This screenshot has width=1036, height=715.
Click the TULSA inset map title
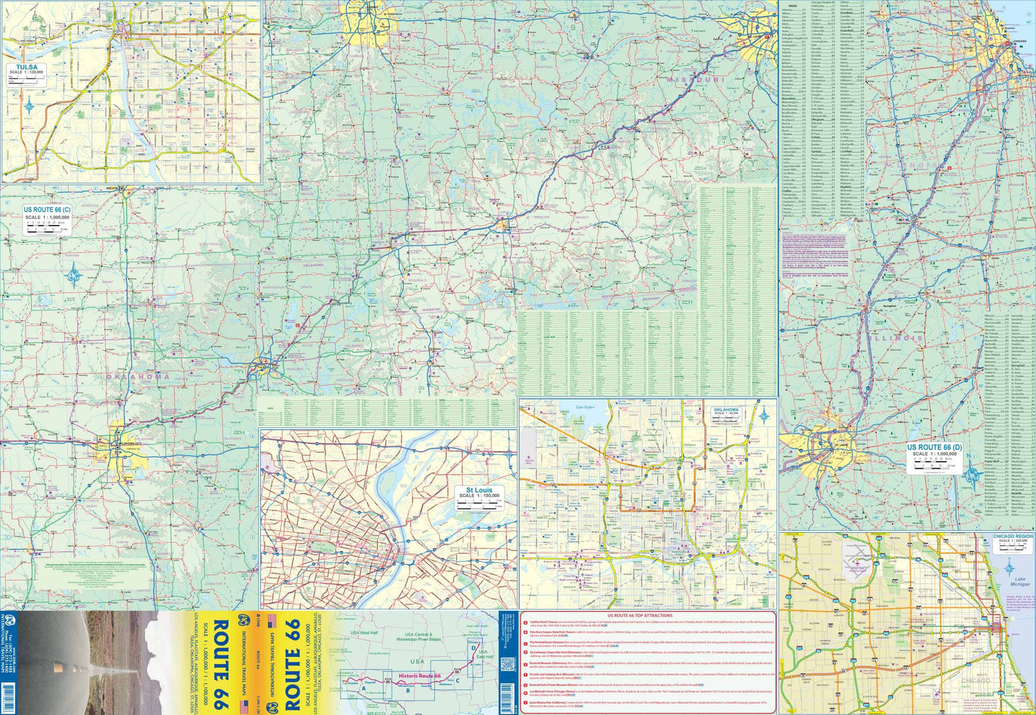pos(26,67)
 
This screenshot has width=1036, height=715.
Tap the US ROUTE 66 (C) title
pos(47,210)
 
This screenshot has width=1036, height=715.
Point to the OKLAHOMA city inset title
pos(726,410)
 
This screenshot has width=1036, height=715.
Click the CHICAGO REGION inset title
pos(1013,536)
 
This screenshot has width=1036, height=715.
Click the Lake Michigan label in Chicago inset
pos(1019,581)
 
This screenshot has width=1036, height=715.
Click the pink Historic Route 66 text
pos(419,676)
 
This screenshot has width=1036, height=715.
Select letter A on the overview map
pos(363,687)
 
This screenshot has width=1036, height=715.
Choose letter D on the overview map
pos(473,647)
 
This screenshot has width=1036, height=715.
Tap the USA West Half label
pos(364,633)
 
